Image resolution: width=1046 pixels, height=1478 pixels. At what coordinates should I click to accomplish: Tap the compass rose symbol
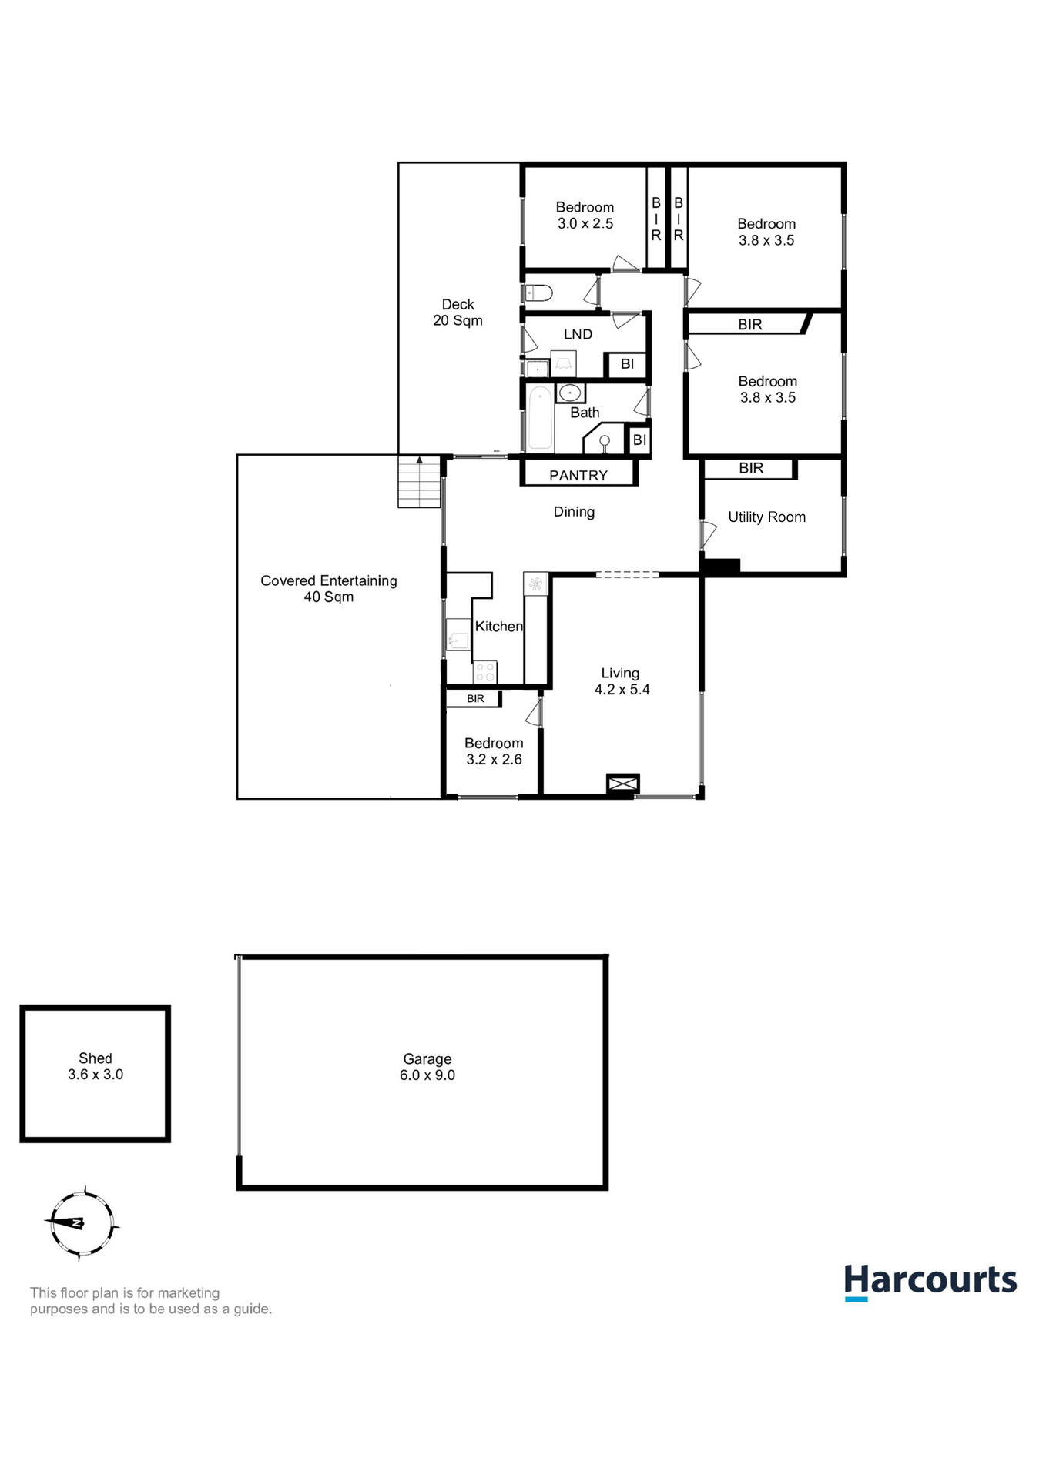81,1223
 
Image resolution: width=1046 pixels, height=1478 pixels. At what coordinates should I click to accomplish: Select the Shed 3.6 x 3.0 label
96,1066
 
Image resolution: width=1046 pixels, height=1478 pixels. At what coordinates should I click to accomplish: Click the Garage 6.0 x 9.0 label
427,1067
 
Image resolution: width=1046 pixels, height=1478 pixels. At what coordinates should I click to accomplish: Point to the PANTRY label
578,475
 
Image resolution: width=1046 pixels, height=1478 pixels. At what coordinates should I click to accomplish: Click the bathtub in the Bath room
540,419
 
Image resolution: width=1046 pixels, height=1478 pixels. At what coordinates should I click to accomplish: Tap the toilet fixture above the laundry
538,293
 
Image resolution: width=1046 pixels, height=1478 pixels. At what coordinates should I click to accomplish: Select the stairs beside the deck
419,483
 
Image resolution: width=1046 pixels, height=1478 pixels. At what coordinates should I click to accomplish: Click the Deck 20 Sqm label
458,313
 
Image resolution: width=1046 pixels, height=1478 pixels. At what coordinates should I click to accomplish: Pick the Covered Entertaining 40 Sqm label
329,588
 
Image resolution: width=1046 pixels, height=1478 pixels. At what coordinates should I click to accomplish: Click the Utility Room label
766,517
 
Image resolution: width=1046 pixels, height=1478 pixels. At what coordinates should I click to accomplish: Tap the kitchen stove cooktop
485,672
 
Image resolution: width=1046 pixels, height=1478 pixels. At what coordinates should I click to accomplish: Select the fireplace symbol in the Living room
622,784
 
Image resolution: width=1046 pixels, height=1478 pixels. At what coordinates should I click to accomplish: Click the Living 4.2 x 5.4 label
622,681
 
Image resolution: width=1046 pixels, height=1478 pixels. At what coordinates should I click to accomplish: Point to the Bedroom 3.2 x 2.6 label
494,751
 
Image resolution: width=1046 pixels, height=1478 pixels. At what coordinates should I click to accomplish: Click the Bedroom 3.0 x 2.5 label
585,216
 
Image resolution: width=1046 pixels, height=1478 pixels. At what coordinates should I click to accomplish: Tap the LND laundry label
578,334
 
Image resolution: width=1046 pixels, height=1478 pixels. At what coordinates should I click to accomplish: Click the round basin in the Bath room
569,393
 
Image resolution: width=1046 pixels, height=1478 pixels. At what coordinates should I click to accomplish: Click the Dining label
574,512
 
